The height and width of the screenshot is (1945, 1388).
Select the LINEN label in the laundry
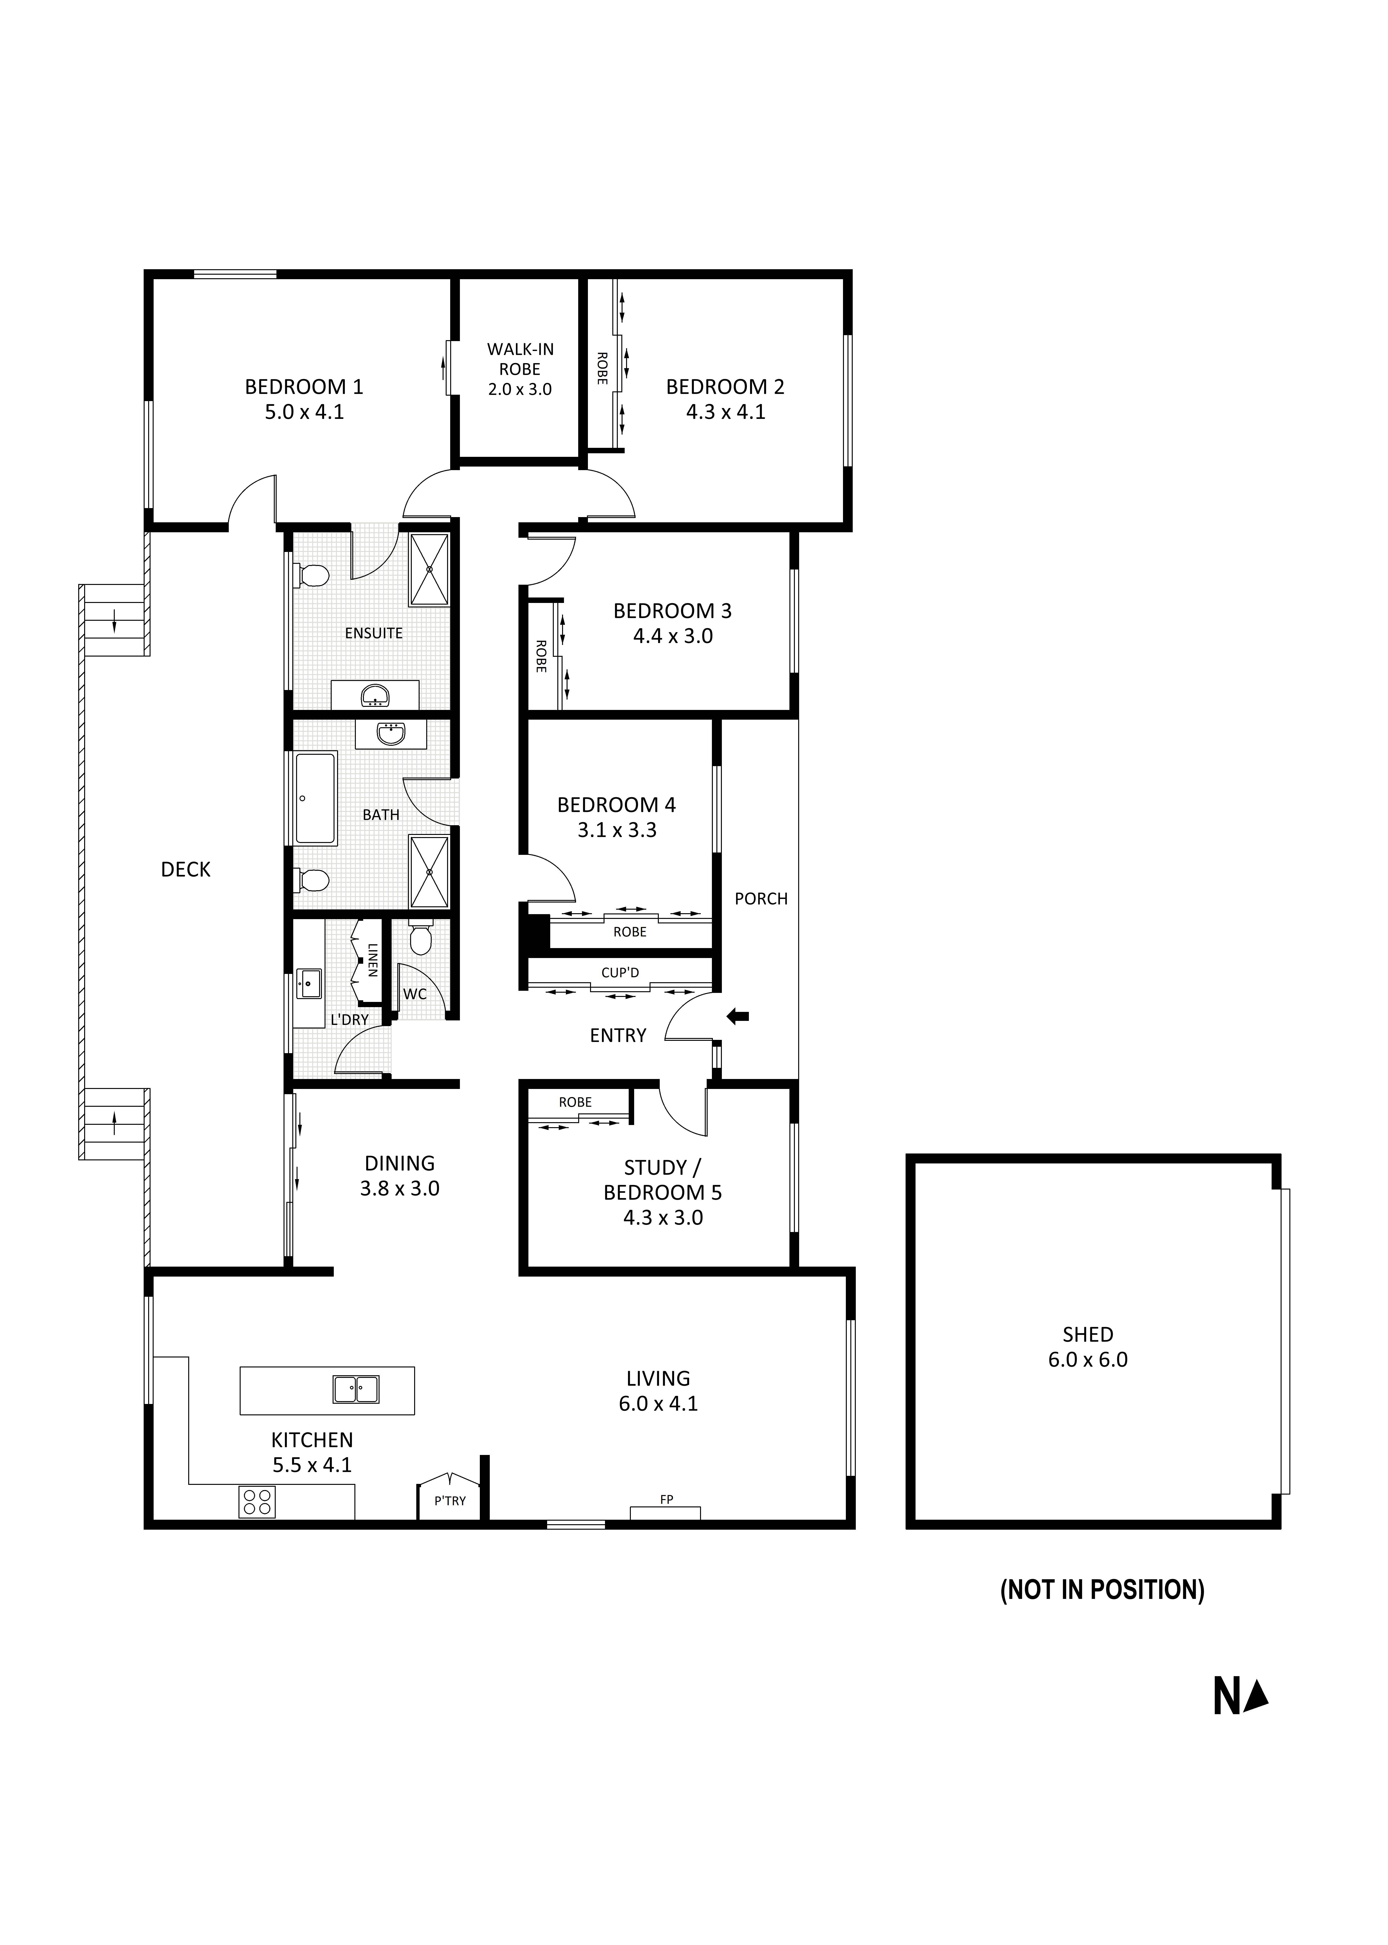tap(373, 959)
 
